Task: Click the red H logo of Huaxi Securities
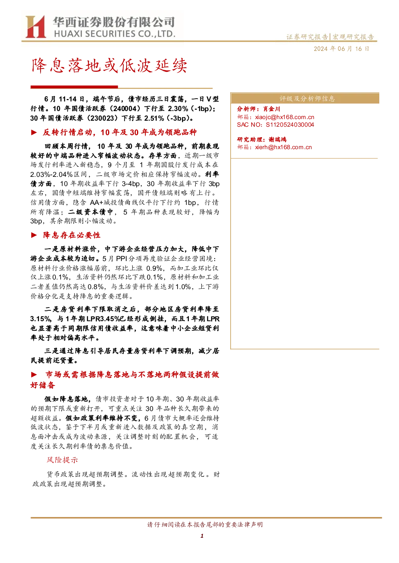click(35, 26)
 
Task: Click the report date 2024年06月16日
click(341, 49)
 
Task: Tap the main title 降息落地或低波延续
click(109, 66)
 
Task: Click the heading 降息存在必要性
click(72, 235)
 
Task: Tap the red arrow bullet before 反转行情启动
click(34, 132)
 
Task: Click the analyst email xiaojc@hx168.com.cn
click(284, 117)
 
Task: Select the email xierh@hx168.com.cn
click(283, 147)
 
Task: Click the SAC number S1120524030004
click(290, 125)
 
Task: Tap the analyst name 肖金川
click(272, 109)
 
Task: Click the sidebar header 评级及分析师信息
click(307, 99)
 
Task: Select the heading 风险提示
click(62, 460)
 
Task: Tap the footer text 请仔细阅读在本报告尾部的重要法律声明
click(205, 525)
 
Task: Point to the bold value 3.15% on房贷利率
click(41, 319)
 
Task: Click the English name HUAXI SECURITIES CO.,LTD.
click(115, 34)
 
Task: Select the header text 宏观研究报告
click(353, 37)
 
